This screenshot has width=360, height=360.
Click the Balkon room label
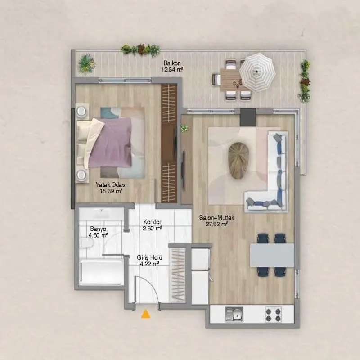click(x=172, y=63)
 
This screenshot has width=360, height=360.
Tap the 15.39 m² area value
click(x=111, y=191)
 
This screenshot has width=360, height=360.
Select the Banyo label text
click(x=98, y=229)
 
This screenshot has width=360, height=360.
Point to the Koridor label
click(x=152, y=222)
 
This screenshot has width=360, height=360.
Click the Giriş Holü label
click(x=149, y=257)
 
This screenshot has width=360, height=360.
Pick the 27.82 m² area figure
click(x=216, y=224)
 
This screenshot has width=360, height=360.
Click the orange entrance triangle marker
click(x=145, y=314)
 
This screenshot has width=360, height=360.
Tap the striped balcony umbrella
click(x=257, y=72)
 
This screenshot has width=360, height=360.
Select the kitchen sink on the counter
click(x=234, y=314)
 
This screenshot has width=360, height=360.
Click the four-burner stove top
click(x=274, y=314)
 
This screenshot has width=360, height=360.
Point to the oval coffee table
click(x=239, y=161)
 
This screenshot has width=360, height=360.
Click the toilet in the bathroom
click(x=86, y=243)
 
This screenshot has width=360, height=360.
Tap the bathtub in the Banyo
click(x=102, y=273)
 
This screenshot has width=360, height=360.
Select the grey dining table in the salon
click(x=272, y=255)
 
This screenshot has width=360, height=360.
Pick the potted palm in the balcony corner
click(x=86, y=64)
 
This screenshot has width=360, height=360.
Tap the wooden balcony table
click(x=231, y=80)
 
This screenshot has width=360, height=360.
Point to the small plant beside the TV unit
click(x=184, y=128)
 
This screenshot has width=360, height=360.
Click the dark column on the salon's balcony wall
click(x=248, y=117)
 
